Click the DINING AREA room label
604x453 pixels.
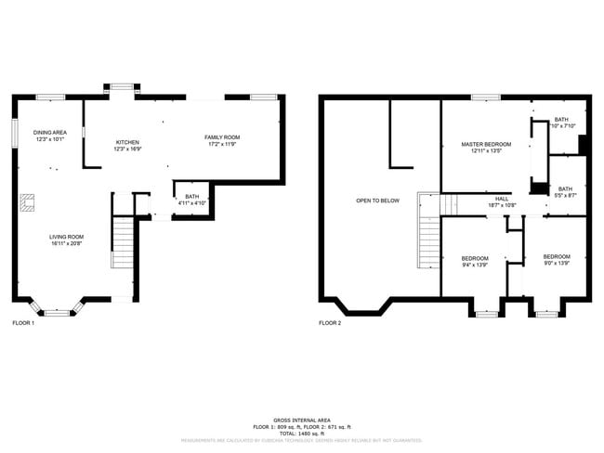(x=49, y=132)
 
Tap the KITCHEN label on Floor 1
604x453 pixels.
(x=126, y=142)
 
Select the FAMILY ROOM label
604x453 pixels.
(x=222, y=136)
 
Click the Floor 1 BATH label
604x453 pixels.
(x=191, y=196)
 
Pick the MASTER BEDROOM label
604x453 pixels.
(x=486, y=144)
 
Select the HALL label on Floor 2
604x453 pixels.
(x=501, y=198)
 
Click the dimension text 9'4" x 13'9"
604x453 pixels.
(x=475, y=265)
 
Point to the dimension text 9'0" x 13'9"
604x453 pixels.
(x=556, y=264)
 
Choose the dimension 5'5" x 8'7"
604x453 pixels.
(x=565, y=195)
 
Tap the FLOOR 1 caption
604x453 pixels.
(x=23, y=323)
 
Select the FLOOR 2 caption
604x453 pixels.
(x=330, y=323)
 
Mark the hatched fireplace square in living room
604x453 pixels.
(x=30, y=201)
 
